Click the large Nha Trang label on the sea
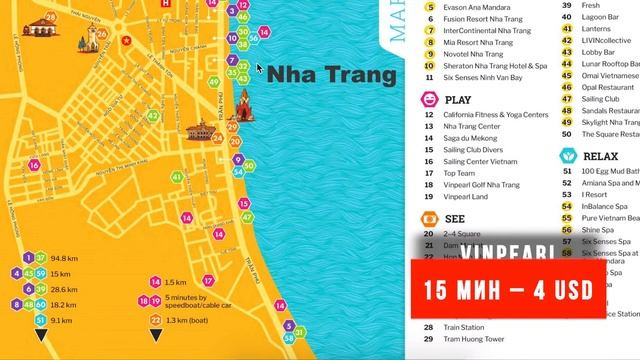pyautogui.click(x=333, y=75)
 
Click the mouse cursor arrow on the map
pyautogui.click(x=260, y=70)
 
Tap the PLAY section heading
pyautogui.click(x=458, y=100)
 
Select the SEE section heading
pyautogui.click(x=454, y=217)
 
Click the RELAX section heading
pyautogui.click(x=601, y=157)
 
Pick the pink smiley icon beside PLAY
pyautogui.click(x=429, y=100)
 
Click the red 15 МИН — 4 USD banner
pyautogui.click(x=509, y=291)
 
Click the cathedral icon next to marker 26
pyautogui.click(x=88, y=40)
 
